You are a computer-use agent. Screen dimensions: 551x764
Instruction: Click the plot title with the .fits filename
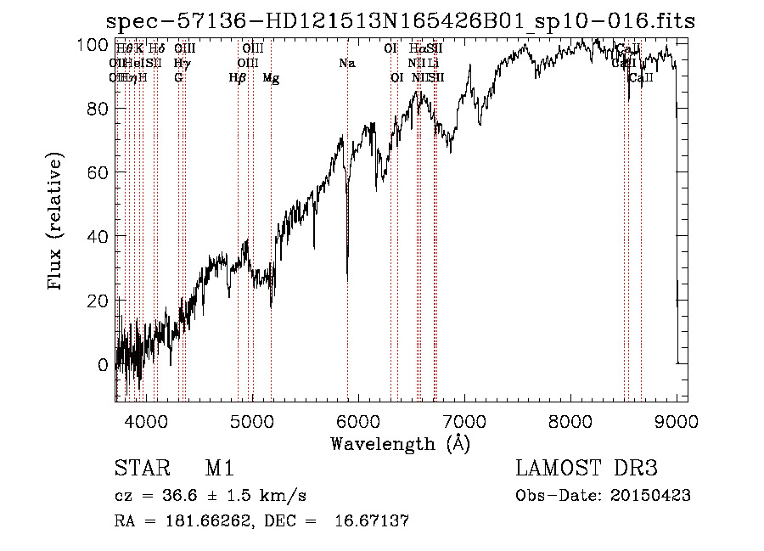pos(400,21)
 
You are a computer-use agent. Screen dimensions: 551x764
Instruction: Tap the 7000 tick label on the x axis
pos(464,420)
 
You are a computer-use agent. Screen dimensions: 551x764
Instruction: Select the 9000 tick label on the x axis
pos(677,420)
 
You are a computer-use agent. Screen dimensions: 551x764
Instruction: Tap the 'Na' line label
pos(346,64)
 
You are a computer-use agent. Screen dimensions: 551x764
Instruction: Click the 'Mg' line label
pos(271,78)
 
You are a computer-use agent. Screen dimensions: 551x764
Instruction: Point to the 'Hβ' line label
pos(238,78)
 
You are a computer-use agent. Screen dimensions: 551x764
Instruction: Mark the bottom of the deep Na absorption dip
pos(347,277)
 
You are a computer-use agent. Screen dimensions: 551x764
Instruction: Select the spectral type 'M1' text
pos(220,469)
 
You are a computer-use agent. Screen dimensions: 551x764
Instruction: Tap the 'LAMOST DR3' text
pos(587,469)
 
